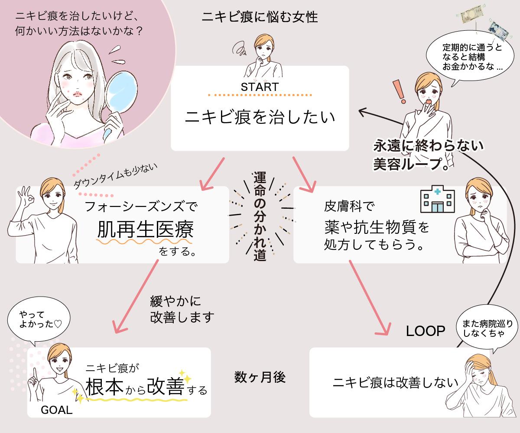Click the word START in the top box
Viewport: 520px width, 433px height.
[x=260, y=87]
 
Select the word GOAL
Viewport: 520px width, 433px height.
[x=56, y=410]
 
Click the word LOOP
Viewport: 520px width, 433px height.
[x=426, y=331]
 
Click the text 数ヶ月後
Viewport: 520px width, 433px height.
[x=260, y=378]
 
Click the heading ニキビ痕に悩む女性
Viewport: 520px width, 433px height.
[x=260, y=17]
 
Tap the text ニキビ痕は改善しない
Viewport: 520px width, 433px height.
[x=395, y=382]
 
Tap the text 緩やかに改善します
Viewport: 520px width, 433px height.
[x=182, y=310]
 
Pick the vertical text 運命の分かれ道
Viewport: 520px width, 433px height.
[x=260, y=216]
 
